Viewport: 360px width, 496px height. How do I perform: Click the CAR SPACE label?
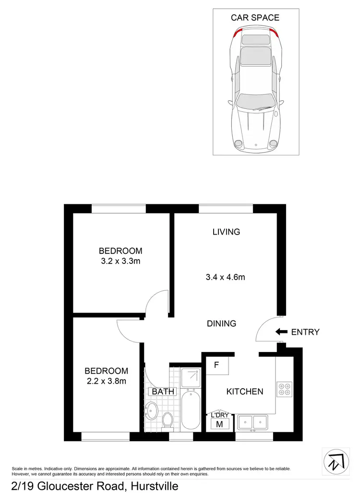click(x=255, y=18)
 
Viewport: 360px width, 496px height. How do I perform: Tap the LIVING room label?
click(x=226, y=232)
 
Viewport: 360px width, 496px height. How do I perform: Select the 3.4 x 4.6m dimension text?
click(x=226, y=277)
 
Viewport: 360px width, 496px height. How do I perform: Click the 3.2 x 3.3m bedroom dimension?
click(x=120, y=261)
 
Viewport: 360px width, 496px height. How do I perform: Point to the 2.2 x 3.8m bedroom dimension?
click(x=106, y=381)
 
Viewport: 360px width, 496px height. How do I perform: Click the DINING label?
click(x=222, y=323)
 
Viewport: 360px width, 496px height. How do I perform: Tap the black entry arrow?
click(x=281, y=331)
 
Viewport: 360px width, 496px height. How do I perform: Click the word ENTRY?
click(x=305, y=331)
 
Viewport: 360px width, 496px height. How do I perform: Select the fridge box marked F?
click(x=217, y=366)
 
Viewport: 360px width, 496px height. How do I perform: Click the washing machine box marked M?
click(x=220, y=424)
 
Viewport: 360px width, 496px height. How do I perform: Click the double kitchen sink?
click(x=254, y=422)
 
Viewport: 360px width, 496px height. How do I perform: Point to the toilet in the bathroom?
click(x=168, y=420)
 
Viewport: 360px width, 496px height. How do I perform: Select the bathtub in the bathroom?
click(x=190, y=411)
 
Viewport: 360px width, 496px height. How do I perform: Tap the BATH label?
click(x=163, y=392)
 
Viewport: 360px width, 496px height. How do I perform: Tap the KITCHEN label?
click(x=245, y=391)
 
